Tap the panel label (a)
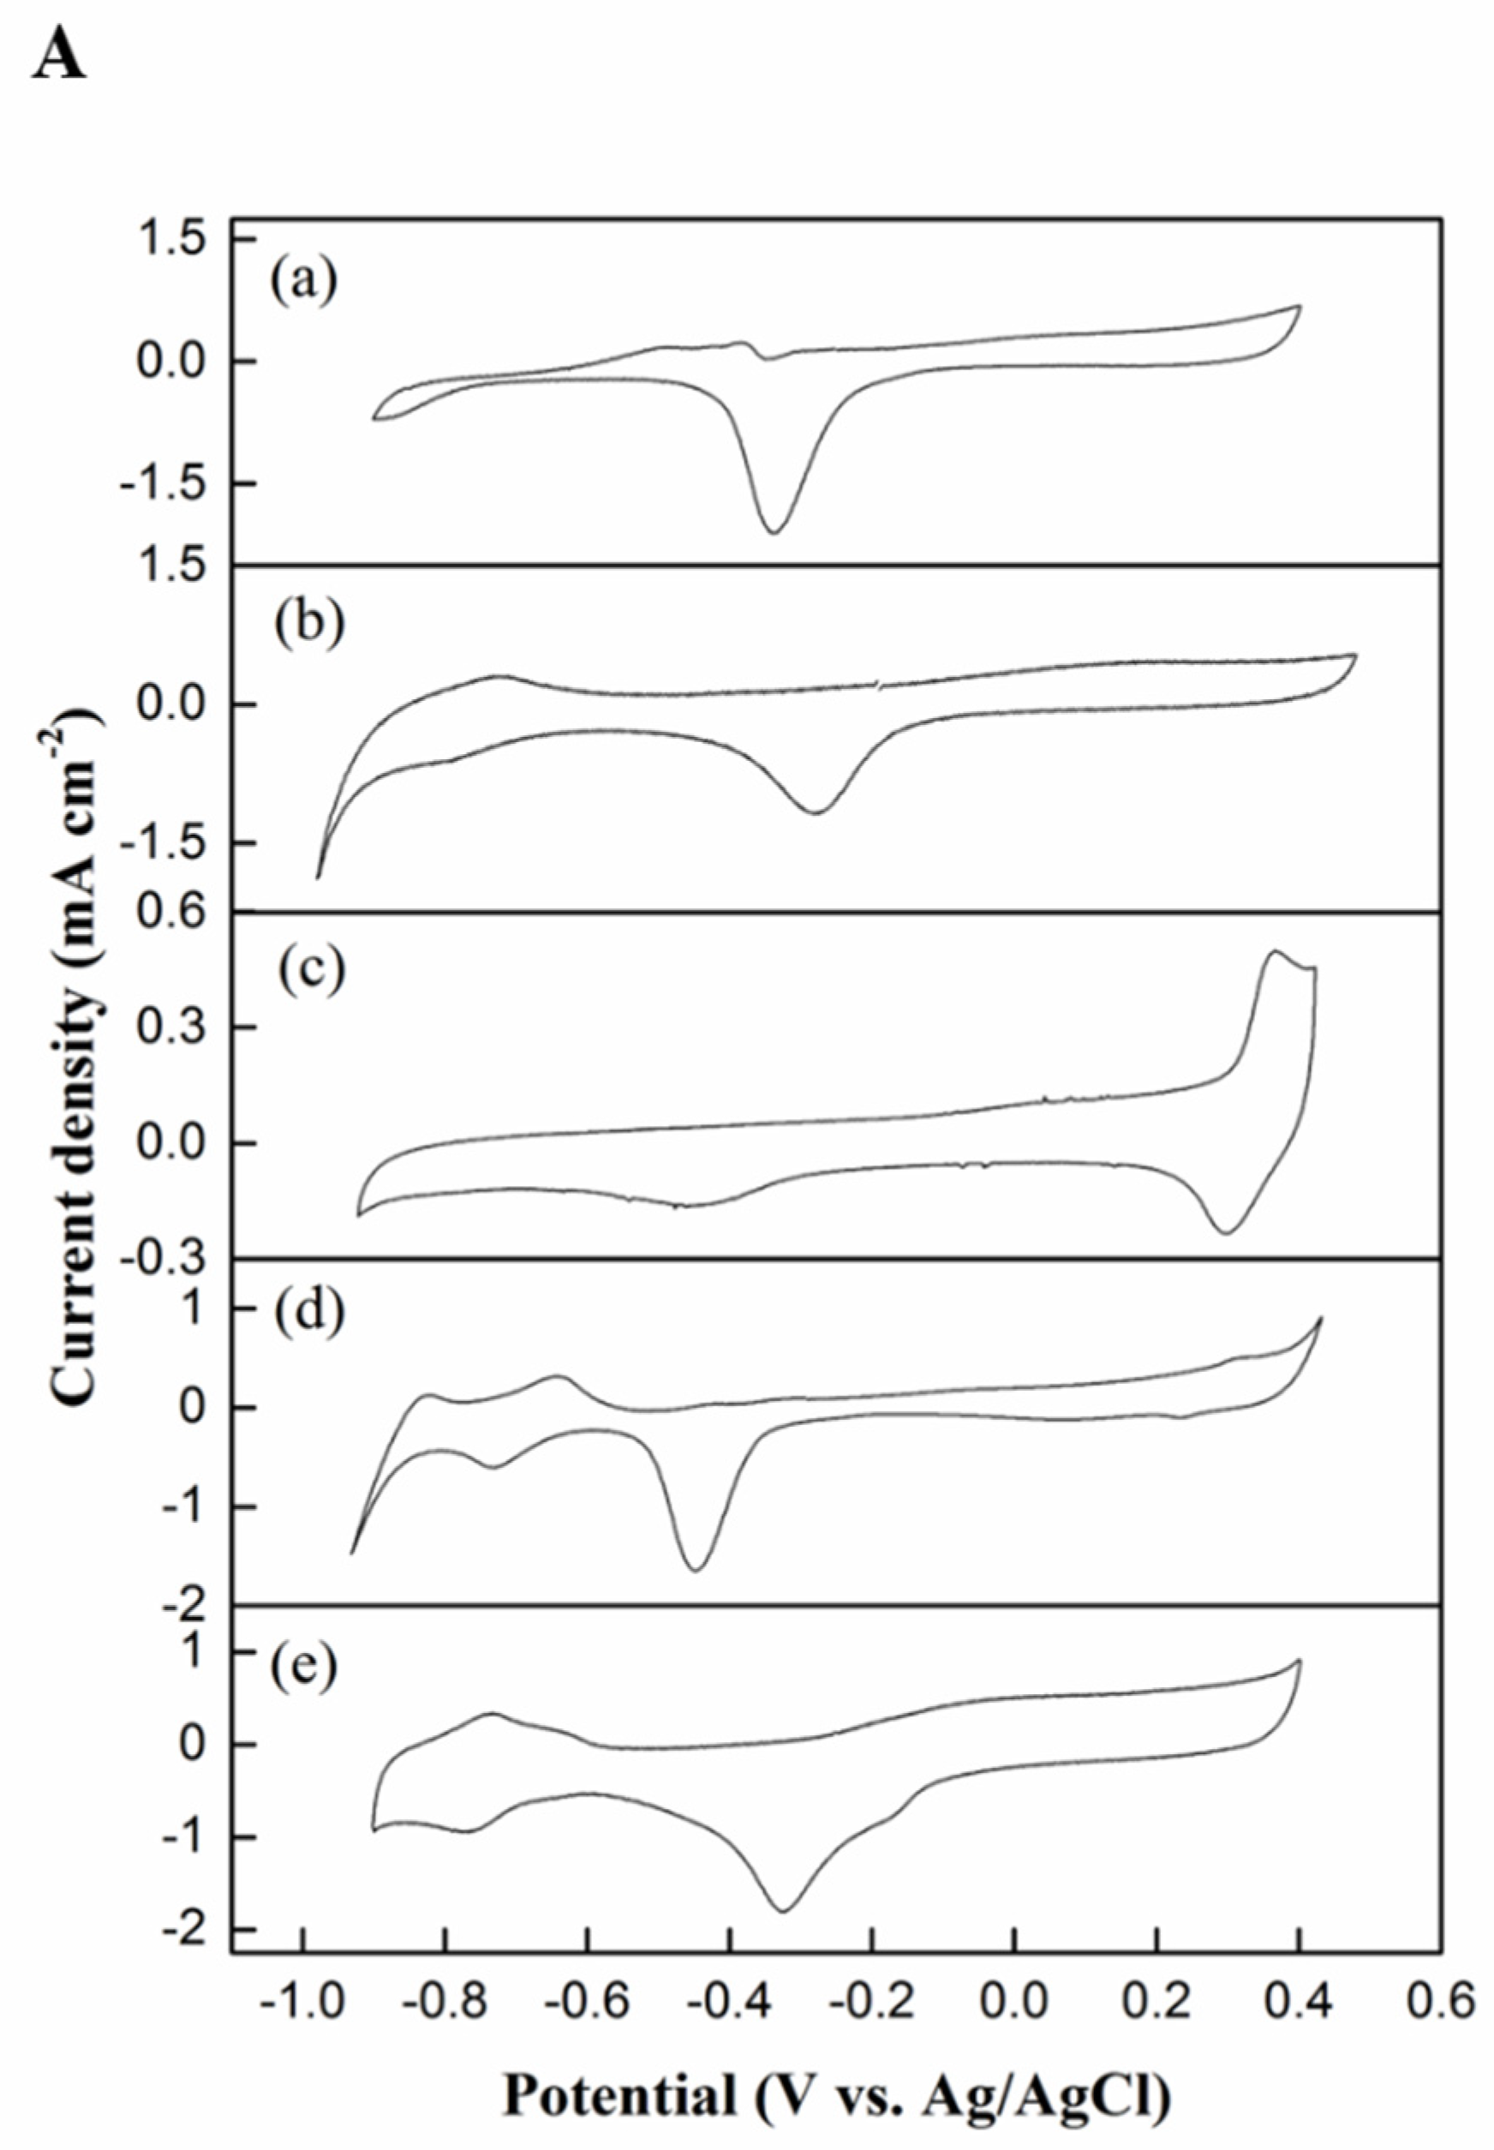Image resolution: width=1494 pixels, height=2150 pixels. (303, 281)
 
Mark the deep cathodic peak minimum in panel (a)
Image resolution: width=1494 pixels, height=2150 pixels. (774, 532)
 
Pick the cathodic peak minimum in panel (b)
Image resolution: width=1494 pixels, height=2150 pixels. (816, 811)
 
